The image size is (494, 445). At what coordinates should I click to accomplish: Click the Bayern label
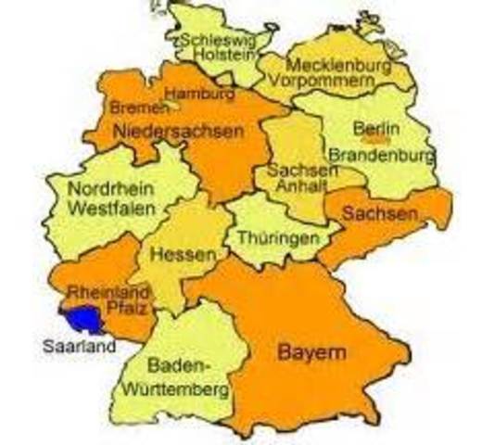pyautogui.click(x=311, y=353)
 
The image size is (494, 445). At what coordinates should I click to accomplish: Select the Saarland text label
pyautogui.click(x=79, y=348)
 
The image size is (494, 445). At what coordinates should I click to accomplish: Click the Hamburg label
pyautogui.click(x=198, y=94)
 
